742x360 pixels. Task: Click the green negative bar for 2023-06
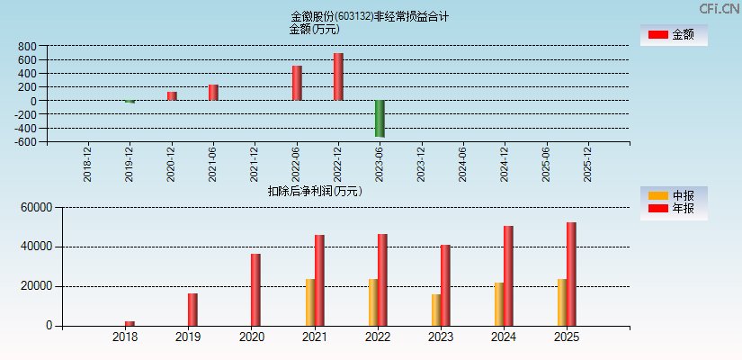(380, 118)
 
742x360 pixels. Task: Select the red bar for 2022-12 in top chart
(338, 76)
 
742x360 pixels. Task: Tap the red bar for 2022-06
(297, 83)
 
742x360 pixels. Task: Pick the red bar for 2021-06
(213, 93)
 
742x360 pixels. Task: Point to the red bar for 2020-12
(172, 95)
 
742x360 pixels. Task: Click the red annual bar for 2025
(571, 274)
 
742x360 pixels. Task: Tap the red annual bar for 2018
(130, 323)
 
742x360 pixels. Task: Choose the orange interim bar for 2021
(310, 302)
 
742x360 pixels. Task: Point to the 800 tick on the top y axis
(27, 46)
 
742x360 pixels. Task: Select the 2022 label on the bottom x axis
(377, 337)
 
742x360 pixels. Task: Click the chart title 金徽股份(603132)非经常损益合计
(370, 16)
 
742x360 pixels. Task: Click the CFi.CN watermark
(719, 9)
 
